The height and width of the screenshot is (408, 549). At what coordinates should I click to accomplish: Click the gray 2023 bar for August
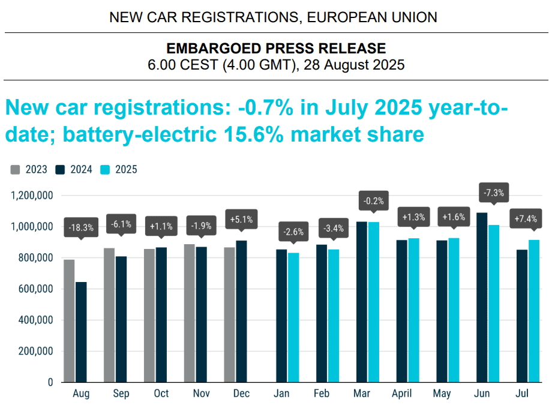tap(69, 321)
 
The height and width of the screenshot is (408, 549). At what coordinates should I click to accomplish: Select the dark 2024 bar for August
tap(81, 332)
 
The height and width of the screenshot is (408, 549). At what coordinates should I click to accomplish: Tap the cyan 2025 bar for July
tap(534, 311)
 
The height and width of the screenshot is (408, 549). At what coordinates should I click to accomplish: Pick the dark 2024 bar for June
tap(482, 298)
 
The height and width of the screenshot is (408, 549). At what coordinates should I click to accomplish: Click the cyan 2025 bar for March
tap(374, 302)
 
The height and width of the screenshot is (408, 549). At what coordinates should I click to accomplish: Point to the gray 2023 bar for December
tap(229, 315)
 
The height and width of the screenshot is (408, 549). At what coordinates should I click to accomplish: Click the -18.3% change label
tap(81, 228)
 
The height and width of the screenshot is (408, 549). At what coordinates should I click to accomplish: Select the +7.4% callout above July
tap(526, 219)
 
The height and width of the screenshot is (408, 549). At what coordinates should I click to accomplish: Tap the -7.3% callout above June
tap(494, 193)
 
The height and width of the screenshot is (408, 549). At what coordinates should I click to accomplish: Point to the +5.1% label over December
tap(241, 220)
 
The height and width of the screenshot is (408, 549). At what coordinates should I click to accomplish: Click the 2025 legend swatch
tap(105, 170)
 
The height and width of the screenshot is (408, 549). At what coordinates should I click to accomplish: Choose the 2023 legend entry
tap(29, 170)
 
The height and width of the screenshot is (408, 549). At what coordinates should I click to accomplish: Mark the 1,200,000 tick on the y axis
tap(32, 196)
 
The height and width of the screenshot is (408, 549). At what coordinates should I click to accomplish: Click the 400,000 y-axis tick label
tap(35, 320)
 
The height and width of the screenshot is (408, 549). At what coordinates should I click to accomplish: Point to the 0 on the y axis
tap(50, 382)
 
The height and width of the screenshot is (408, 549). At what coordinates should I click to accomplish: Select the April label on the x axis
tap(401, 394)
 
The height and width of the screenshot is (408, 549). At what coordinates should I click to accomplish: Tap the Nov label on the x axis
tap(202, 393)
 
